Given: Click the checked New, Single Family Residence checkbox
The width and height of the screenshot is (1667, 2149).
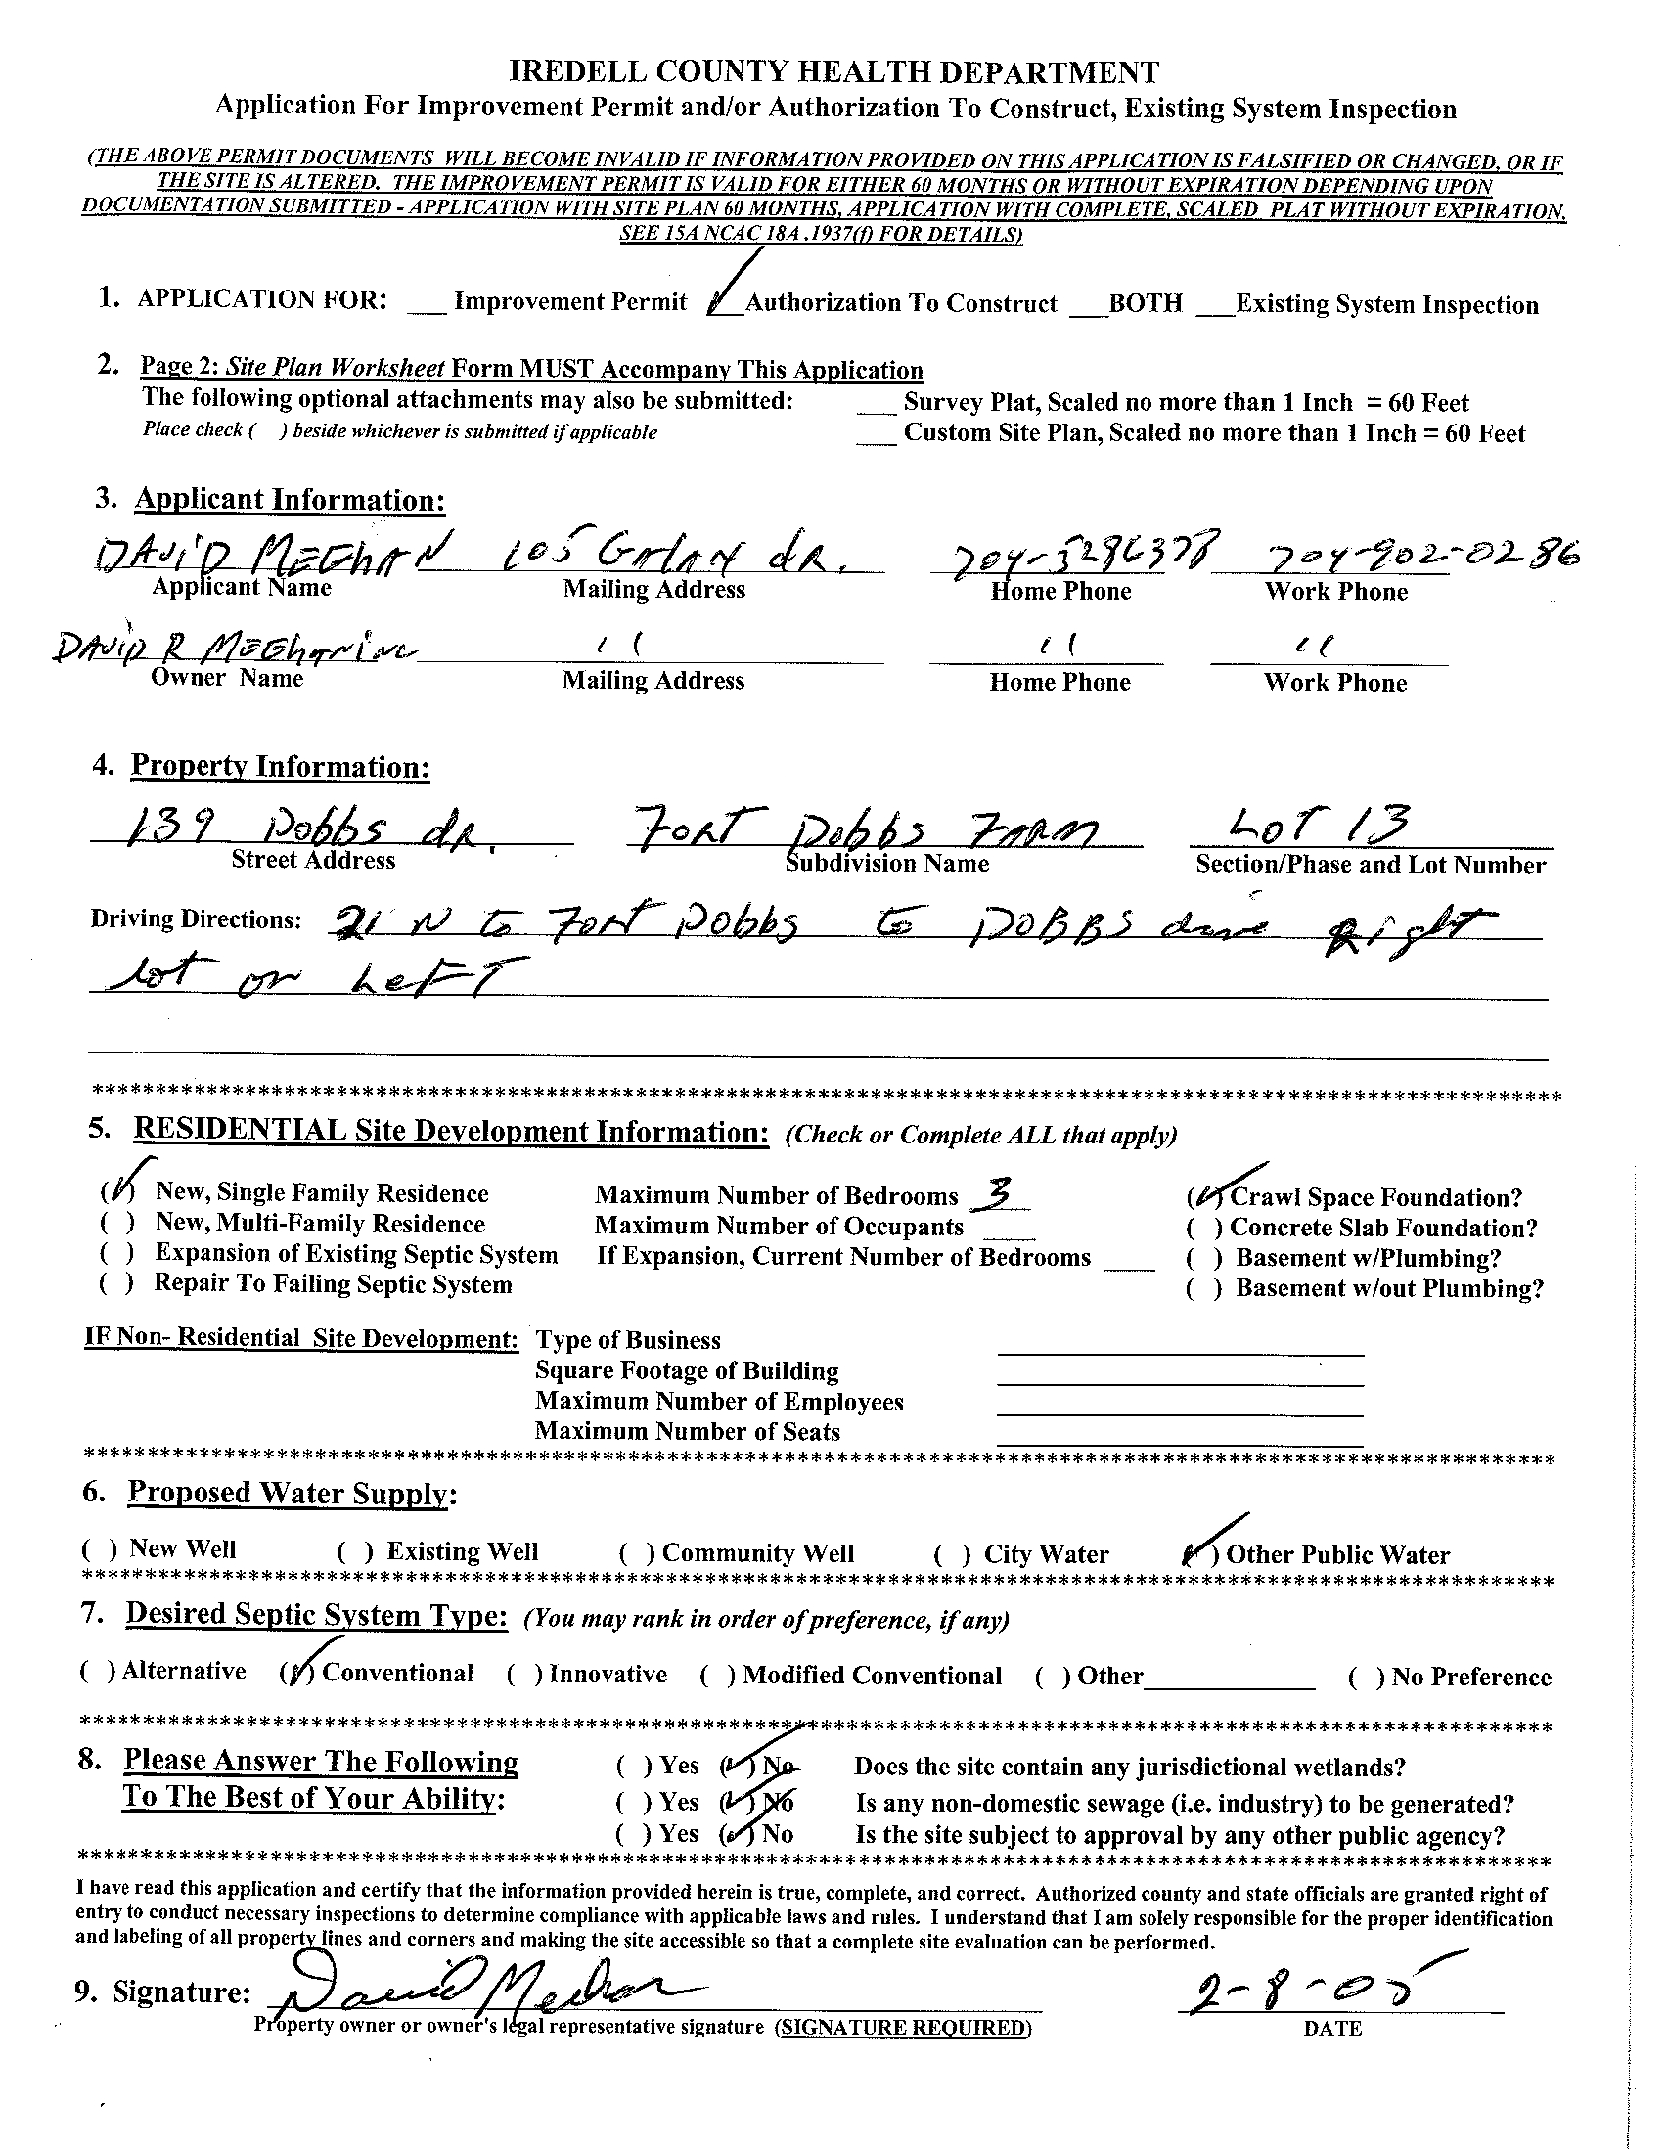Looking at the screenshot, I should [110, 1193].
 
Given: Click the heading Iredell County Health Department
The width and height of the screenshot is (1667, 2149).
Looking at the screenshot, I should [833, 72].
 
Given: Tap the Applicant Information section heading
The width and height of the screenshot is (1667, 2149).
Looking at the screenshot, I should [290, 500].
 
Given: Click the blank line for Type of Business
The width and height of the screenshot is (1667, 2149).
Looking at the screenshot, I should [1179, 1344].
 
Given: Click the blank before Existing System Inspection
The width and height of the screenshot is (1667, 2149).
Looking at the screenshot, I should [1214, 306].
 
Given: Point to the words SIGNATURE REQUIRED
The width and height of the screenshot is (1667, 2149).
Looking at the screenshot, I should [901, 2027].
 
